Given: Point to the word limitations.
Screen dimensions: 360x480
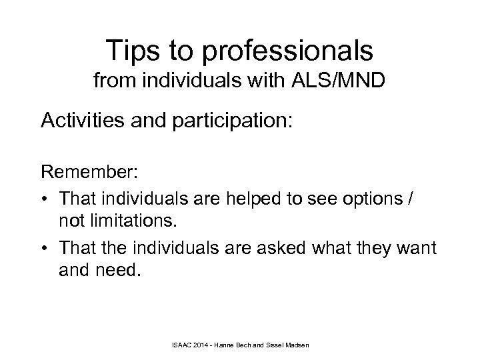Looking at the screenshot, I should [142, 223].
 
